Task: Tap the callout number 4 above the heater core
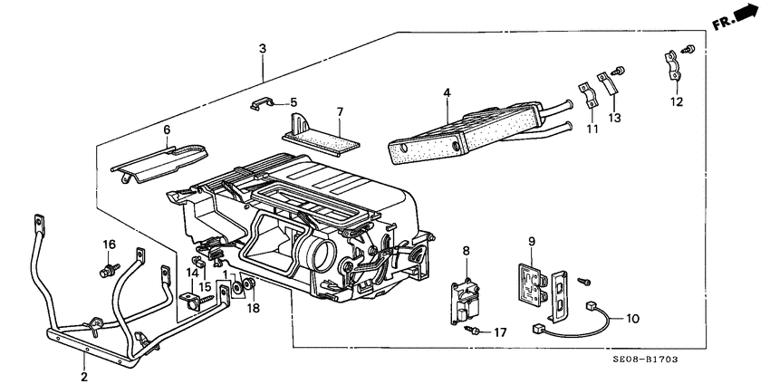(447, 91)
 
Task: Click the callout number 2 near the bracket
(83, 376)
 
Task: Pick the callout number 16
(109, 245)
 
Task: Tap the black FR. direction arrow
(745, 13)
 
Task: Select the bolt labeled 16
(110, 269)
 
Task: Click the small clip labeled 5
(259, 106)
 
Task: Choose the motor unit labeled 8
(467, 299)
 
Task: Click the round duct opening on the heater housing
(321, 248)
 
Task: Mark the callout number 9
(533, 242)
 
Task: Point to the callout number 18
(254, 309)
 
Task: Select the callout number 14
(192, 273)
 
